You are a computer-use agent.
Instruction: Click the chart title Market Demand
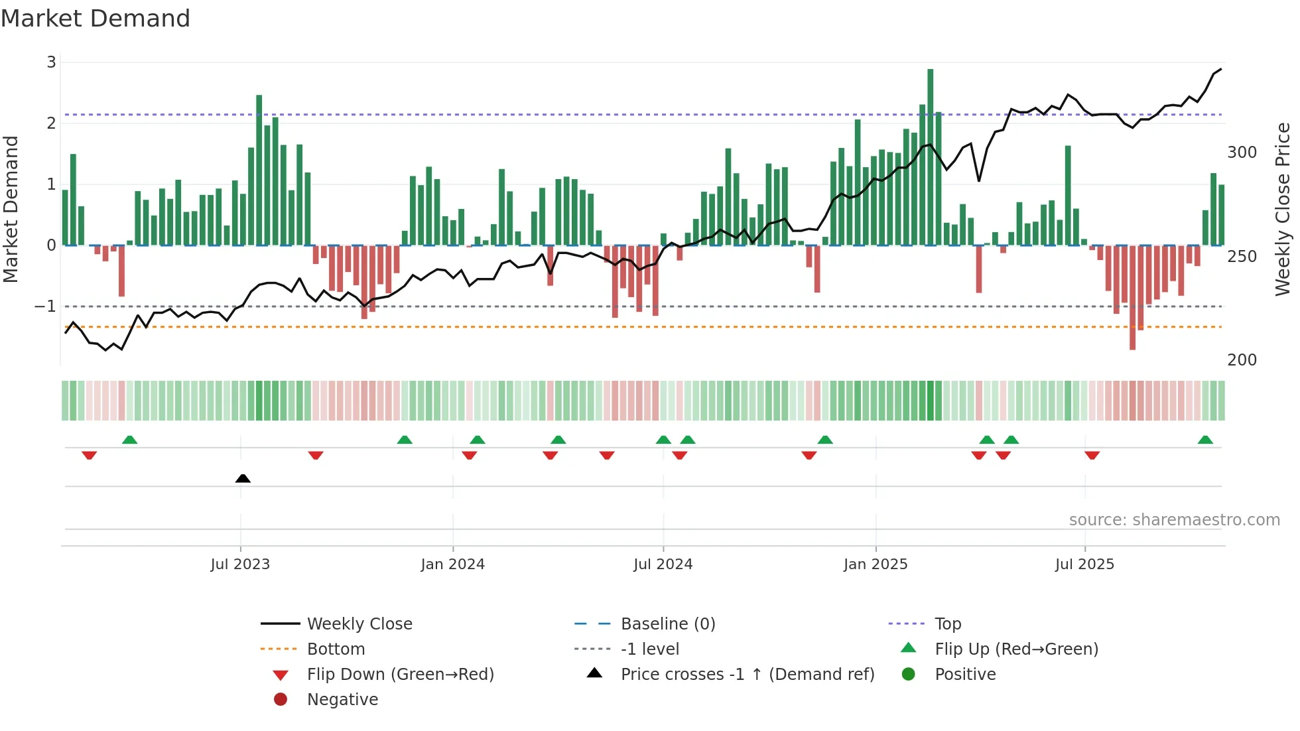pyautogui.click(x=96, y=19)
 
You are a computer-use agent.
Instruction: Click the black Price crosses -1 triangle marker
pyautogui.click(x=243, y=478)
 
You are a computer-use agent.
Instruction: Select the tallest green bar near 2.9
pyautogui.click(x=930, y=157)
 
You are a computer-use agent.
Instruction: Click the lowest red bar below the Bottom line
pyautogui.click(x=1132, y=298)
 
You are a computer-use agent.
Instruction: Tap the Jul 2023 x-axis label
pyautogui.click(x=240, y=565)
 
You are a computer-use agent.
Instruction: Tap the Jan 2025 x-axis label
pyautogui.click(x=876, y=565)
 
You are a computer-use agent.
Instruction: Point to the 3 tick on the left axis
pyautogui.click(x=51, y=62)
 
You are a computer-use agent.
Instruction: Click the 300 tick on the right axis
pyautogui.click(x=1242, y=153)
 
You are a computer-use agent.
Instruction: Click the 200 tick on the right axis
pyautogui.click(x=1242, y=360)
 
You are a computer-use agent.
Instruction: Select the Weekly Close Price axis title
pyautogui.click(x=1283, y=209)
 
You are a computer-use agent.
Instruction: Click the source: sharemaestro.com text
pyautogui.click(x=1174, y=520)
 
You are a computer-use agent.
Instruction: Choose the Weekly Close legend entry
pyautogui.click(x=359, y=624)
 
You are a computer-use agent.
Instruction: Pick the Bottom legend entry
pyautogui.click(x=336, y=649)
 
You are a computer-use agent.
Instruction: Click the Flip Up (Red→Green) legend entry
pyautogui.click(x=1016, y=649)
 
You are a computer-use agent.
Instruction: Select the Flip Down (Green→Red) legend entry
pyautogui.click(x=400, y=675)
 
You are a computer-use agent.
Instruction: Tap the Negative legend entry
pyautogui.click(x=342, y=700)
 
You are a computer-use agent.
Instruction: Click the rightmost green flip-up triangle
pyautogui.click(x=1205, y=440)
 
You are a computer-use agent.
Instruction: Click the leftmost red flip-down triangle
pyautogui.click(x=89, y=455)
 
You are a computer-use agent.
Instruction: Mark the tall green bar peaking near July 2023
pyautogui.click(x=259, y=170)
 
